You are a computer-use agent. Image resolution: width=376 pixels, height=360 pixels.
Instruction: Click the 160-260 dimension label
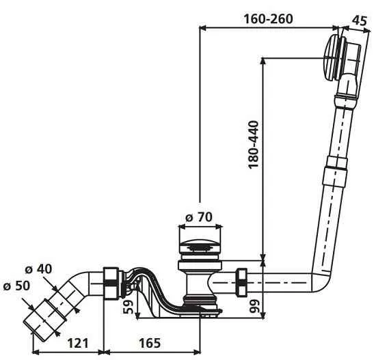pos(268,18)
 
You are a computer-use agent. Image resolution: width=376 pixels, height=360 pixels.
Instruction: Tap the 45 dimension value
pos(360,20)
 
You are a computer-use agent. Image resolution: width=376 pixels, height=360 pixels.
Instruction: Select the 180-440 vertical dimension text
pos(254,145)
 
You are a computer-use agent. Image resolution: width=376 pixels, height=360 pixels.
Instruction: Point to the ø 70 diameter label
pos(199,217)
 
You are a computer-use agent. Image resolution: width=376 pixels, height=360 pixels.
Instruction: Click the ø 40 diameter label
pos(38,269)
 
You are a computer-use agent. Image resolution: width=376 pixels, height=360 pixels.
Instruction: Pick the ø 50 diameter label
pos(17,286)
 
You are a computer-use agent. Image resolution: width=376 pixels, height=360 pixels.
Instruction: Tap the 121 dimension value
pos(78,343)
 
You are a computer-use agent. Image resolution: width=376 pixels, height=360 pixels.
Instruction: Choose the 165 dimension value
pos(150,343)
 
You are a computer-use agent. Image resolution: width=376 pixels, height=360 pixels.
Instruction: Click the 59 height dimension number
pos(128,307)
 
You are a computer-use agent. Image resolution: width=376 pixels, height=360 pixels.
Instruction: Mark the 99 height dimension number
pos(255,306)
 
